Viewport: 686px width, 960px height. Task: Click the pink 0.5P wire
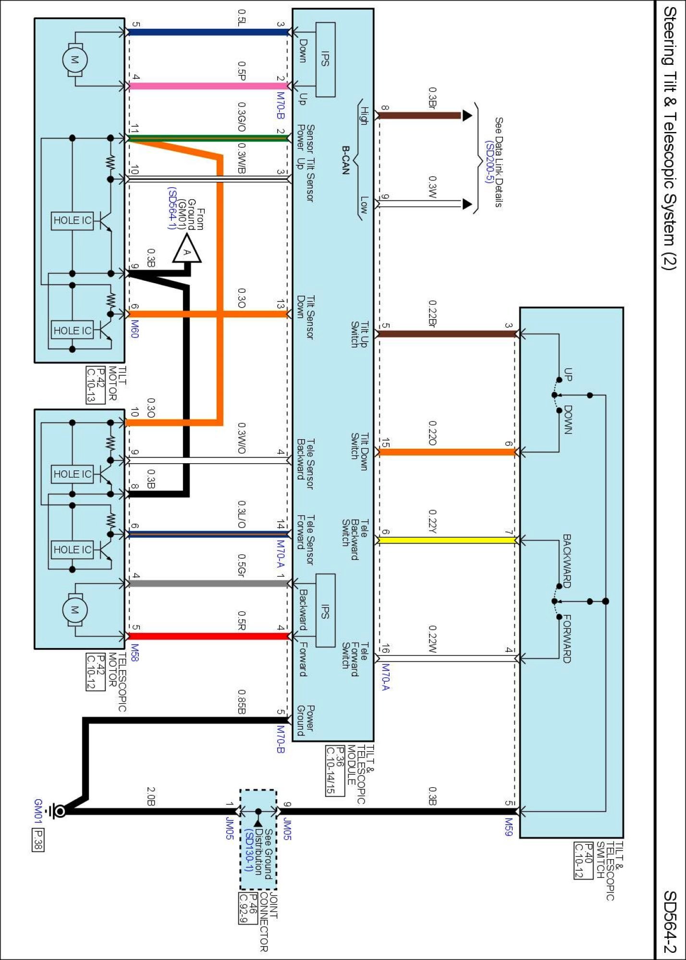pyautogui.click(x=207, y=86)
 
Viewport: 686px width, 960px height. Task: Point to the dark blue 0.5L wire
pyautogui.click(x=207, y=32)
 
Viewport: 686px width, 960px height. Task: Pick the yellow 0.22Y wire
pyautogui.click(x=447, y=540)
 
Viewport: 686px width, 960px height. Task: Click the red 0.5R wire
pyautogui.click(x=207, y=636)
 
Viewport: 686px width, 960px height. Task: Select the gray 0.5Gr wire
pyautogui.click(x=207, y=584)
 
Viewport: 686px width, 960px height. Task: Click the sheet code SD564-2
pyautogui.click(x=670, y=922)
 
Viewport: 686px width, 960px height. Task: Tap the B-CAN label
pyautogui.click(x=345, y=160)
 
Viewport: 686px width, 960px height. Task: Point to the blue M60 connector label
pyautogui.click(x=135, y=329)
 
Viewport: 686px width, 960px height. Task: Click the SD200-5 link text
pyautogui.click(x=489, y=162)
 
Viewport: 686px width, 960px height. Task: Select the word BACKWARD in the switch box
pyautogui.click(x=567, y=561)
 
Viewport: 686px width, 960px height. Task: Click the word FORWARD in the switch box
pyautogui.click(x=567, y=638)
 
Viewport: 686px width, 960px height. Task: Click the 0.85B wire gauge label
pyautogui.click(x=242, y=701)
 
